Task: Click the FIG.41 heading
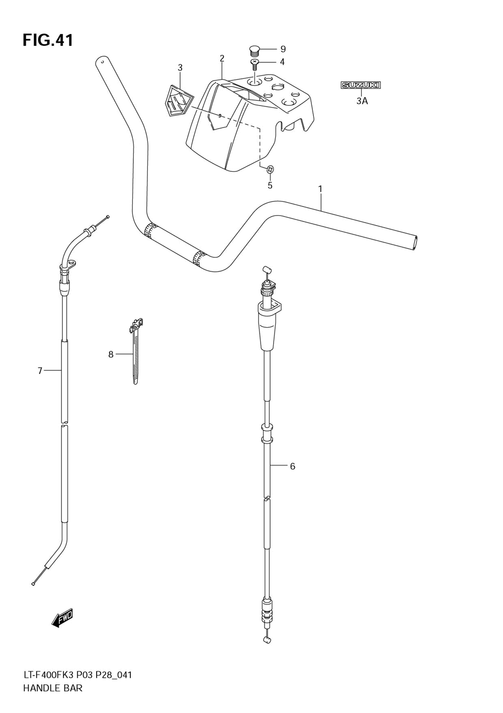coord(48,40)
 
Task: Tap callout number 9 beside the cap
coord(283,49)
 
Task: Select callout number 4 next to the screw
coord(282,62)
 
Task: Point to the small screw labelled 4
coord(255,64)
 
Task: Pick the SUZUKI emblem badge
coord(361,85)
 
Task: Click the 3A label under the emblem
coord(362,101)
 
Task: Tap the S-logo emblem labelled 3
coord(178,102)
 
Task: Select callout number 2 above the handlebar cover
coord(222,58)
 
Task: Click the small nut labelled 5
coord(270,169)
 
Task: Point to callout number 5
coord(270,185)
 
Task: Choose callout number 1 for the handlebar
coord(320,189)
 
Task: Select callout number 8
coord(111,354)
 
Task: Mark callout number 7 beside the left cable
coord(40,371)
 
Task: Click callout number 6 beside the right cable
coord(292,466)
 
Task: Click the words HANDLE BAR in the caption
coord(53,688)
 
